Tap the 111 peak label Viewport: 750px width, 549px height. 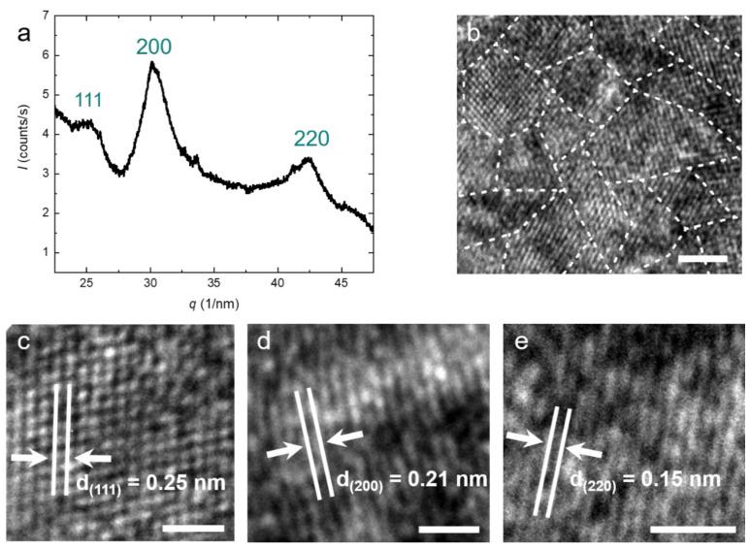(89, 99)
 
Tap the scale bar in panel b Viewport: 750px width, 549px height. (709, 259)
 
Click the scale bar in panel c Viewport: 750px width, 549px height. (193, 529)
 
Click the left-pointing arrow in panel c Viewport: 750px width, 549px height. (92, 457)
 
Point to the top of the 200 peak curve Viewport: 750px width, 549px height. (152, 63)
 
